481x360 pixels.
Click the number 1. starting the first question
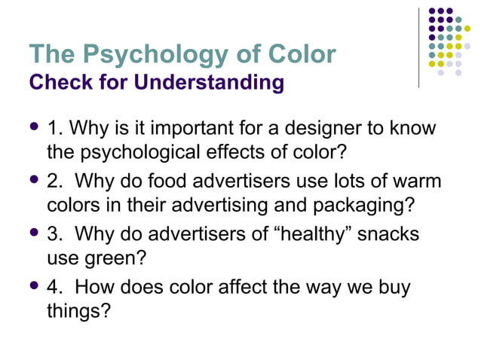point(55,128)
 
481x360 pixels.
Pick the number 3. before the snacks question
point(55,235)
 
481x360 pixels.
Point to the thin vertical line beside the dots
point(418,45)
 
